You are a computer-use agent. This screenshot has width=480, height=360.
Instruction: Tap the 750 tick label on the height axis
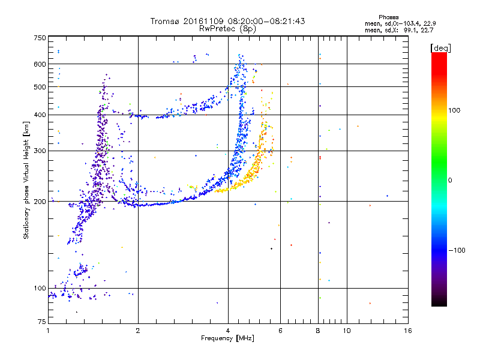point(40,38)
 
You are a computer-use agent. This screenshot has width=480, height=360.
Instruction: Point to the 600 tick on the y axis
point(40,64)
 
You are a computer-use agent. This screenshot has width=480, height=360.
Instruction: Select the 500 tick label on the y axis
point(40,87)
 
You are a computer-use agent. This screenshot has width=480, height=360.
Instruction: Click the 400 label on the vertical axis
point(40,115)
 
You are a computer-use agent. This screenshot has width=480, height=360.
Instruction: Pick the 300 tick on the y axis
point(40,151)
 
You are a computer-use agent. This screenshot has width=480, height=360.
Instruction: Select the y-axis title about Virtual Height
point(26,181)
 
